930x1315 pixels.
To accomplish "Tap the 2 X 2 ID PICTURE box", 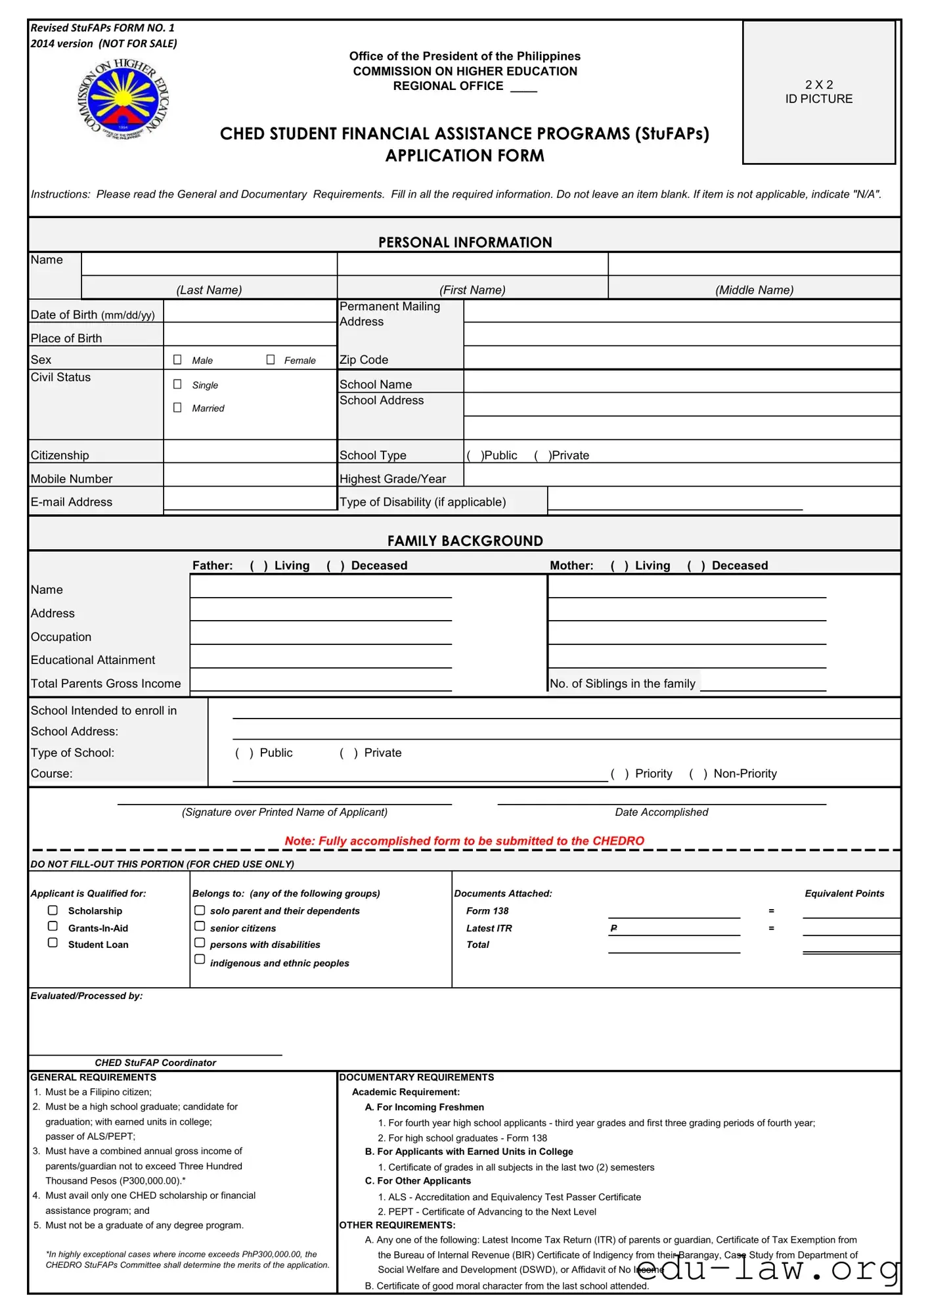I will tap(818, 92).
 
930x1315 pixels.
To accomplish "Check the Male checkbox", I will tap(177, 360).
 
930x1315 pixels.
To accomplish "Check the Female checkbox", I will tap(271, 360).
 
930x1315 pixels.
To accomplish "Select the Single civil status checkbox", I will tap(177, 384).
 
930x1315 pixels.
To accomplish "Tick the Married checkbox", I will tap(177, 408).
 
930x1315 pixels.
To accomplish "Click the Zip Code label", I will tap(363, 360).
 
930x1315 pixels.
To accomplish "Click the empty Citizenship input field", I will tap(250, 452).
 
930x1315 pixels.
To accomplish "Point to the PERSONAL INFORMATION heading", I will tap(464, 242).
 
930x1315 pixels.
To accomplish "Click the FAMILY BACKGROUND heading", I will tap(464, 541).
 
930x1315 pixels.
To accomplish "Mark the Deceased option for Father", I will tap(334, 566).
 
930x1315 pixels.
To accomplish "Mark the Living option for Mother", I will tap(618, 566).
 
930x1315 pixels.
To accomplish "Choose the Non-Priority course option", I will tap(697, 774).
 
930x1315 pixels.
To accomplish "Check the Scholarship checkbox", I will tap(53, 910).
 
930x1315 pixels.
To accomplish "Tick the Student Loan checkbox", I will tap(53, 943).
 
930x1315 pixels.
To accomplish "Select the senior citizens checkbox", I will tap(200, 927).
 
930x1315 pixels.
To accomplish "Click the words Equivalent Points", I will tap(844, 894).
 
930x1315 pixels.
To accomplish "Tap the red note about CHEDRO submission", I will tap(464, 841).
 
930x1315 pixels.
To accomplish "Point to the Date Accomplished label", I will tap(661, 813).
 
